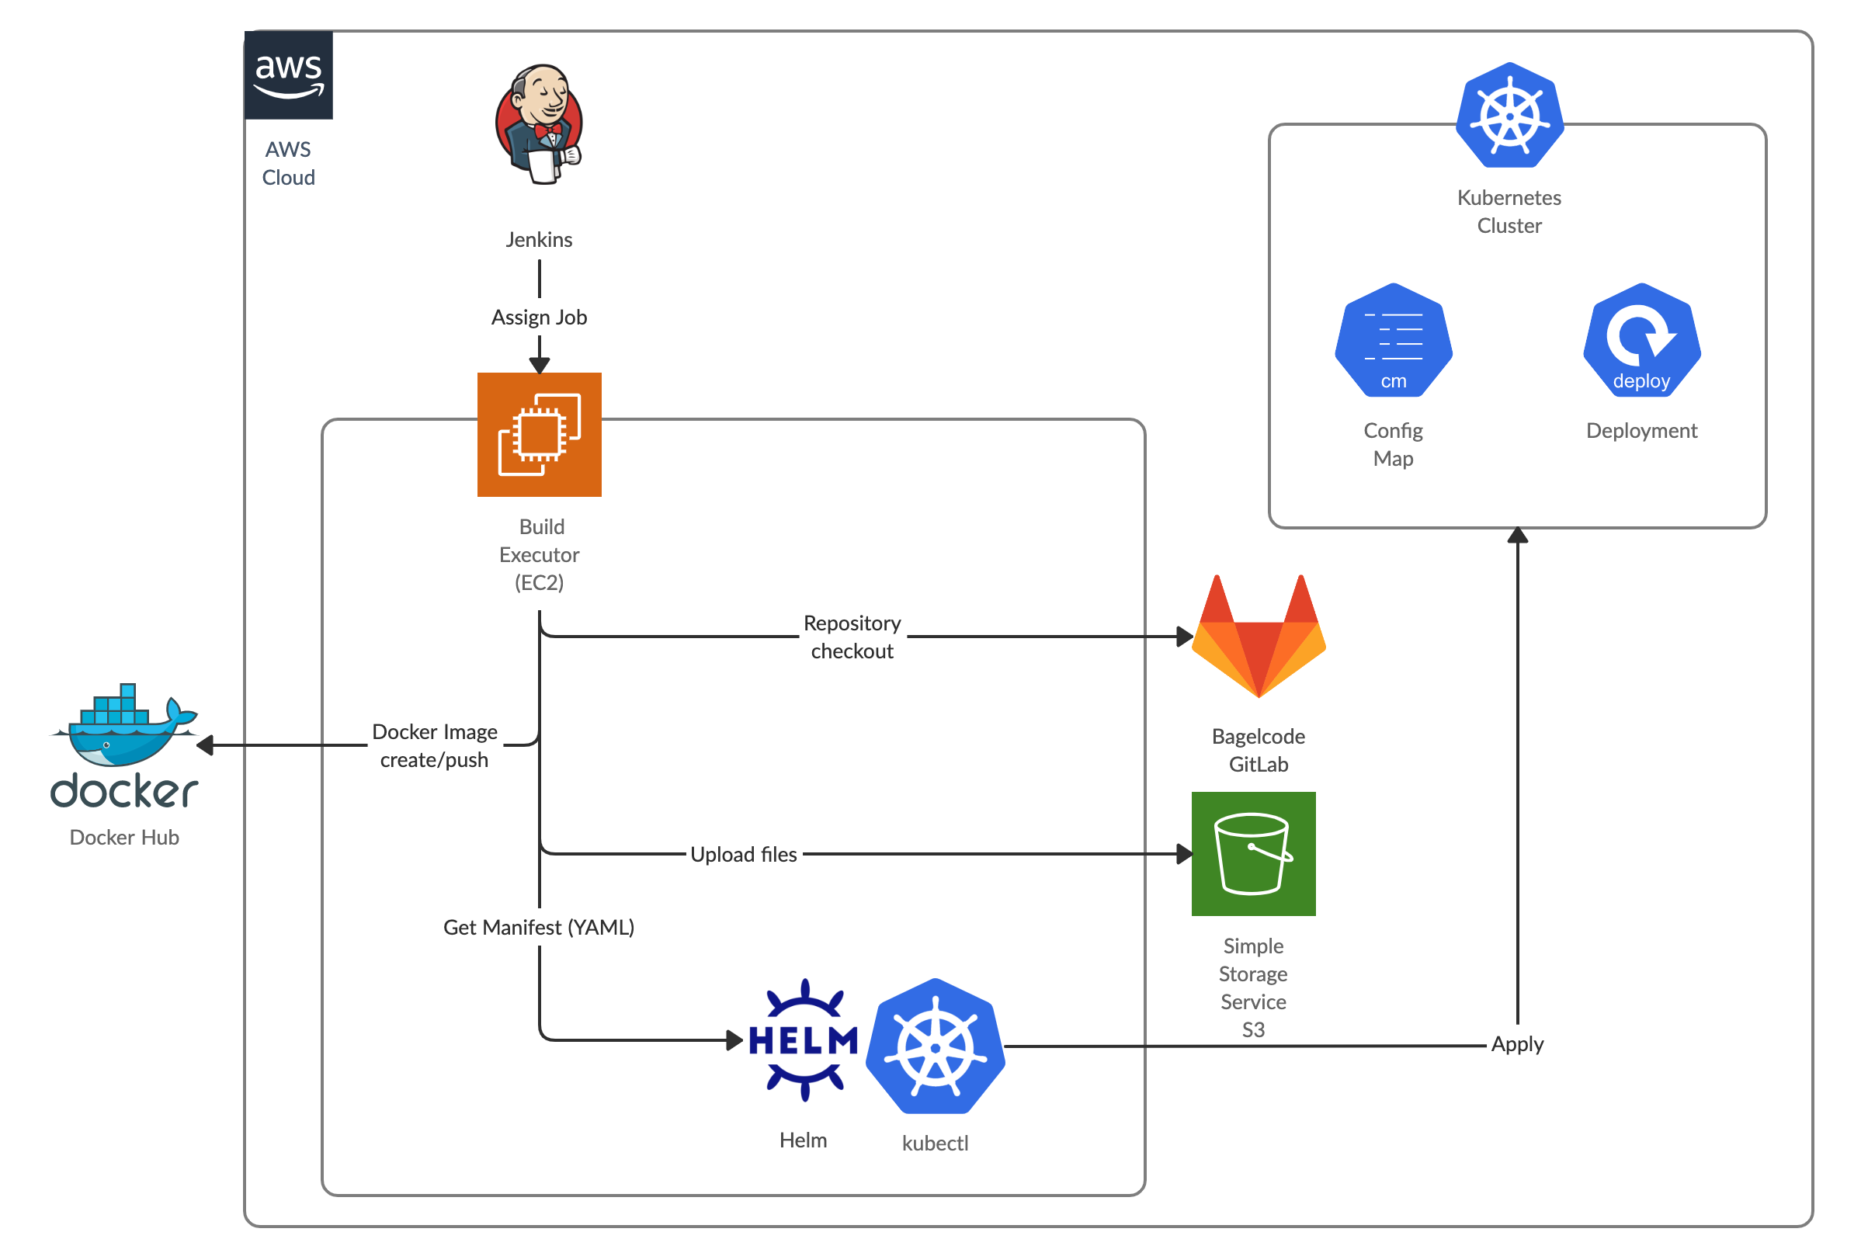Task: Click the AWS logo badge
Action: [x=288, y=75]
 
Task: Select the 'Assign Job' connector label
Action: [x=540, y=317]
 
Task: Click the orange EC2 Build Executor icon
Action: [x=540, y=435]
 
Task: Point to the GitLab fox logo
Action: [x=1259, y=637]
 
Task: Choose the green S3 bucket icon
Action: [x=1254, y=854]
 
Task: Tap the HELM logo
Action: [x=804, y=1040]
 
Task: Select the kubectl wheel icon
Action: [x=936, y=1046]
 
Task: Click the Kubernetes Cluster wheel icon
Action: [x=1509, y=116]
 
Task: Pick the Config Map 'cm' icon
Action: [x=1394, y=341]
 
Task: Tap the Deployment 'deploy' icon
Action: [x=1641, y=341]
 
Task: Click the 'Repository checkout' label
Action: [x=852, y=637]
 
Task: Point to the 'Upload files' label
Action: [x=744, y=854]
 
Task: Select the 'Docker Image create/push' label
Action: [x=435, y=745]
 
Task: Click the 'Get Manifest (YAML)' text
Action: [x=540, y=928]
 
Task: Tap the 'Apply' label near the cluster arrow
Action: [x=1518, y=1044]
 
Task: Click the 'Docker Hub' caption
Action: [x=125, y=838]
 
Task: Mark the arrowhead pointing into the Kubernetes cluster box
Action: [x=1518, y=536]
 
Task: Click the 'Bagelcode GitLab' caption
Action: [x=1259, y=750]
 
